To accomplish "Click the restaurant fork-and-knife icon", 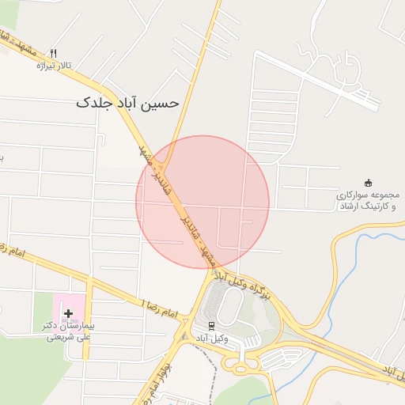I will click(54, 53).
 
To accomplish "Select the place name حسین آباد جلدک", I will click(127, 103).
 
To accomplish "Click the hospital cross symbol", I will click(68, 313).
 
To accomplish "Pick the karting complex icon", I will click(367, 183).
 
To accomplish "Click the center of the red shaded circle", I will click(202, 202).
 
